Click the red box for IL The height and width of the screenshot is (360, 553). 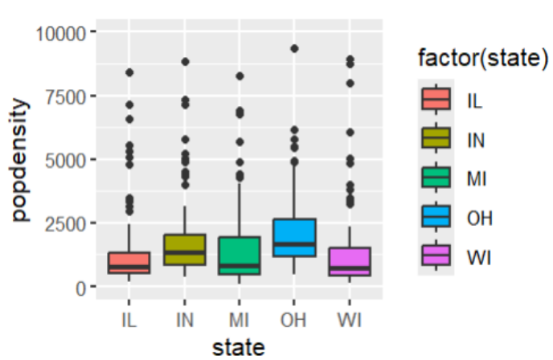(129, 263)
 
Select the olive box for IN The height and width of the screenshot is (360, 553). (184, 249)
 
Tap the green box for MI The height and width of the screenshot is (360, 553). (239, 256)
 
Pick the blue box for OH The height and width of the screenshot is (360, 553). (294, 237)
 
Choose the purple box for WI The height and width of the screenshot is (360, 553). (349, 262)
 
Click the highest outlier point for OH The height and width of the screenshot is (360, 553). (294, 49)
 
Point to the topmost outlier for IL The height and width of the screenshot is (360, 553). (129, 73)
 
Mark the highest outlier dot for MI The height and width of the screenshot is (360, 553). (240, 76)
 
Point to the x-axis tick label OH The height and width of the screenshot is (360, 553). (293, 319)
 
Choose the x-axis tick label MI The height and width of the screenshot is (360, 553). (239, 319)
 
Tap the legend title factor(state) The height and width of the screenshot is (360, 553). (482, 59)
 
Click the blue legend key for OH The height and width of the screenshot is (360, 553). (436, 217)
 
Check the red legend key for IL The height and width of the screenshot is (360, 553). (436, 100)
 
